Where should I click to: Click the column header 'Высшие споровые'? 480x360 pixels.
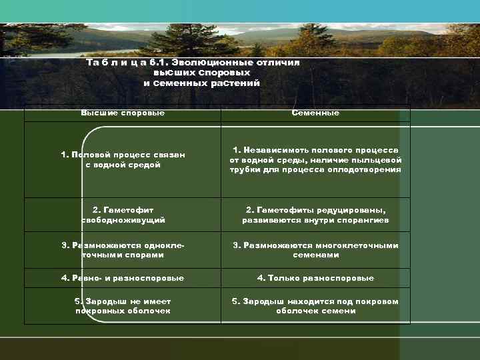pyautogui.click(x=123, y=113)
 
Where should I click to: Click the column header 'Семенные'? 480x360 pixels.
pyautogui.click(x=315, y=113)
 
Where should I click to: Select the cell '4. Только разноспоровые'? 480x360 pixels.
pyautogui.click(x=315, y=278)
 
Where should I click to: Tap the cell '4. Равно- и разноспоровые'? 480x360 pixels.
pyautogui.click(x=123, y=278)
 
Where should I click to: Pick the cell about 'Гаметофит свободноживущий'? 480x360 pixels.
pyautogui.click(x=123, y=214)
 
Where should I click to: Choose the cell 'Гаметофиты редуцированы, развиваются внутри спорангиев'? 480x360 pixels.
pyautogui.click(x=315, y=214)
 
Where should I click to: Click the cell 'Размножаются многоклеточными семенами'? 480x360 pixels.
pyautogui.click(x=315, y=250)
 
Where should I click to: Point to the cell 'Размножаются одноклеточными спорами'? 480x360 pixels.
pyautogui.click(x=123, y=250)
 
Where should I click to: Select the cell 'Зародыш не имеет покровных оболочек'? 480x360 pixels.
pyautogui.click(x=123, y=306)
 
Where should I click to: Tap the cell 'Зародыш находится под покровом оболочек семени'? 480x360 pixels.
pyautogui.click(x=315, y=306)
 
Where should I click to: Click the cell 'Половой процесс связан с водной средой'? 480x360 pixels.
pyautogui.click(x=123, y=159)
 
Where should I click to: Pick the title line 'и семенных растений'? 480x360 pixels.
pyautogui.click(x=201, y=83)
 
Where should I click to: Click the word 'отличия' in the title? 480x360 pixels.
pyautogui.click(x=277, y=62)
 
